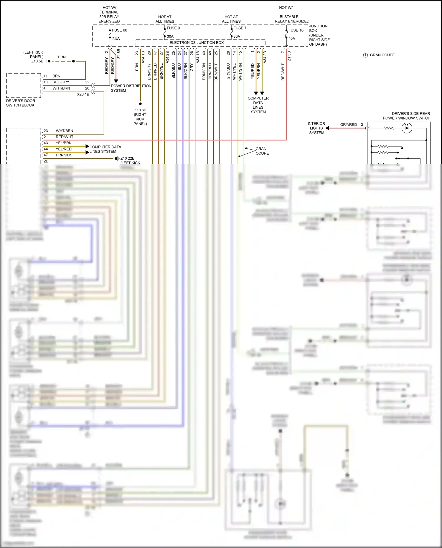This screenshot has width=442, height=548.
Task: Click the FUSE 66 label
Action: click(119, 30)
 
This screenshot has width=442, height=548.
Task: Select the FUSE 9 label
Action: click(173, 28)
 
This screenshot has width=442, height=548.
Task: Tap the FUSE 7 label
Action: click(240, 28)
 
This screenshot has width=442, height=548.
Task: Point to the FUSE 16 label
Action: click(296, 30)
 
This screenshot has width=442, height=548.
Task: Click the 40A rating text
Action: click(292, 39)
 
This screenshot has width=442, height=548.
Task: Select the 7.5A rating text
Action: click(116, 39)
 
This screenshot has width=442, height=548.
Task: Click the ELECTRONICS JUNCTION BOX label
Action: click(197, 43)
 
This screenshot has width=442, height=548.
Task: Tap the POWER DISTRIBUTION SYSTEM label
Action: click(131, 88)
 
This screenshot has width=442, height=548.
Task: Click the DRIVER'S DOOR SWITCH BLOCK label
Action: click(20, 103)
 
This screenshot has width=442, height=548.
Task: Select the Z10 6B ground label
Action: click(140, 110)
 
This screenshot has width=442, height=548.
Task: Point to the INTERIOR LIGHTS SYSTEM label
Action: click(316, 128)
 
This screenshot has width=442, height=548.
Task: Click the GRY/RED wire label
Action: click(348, 125)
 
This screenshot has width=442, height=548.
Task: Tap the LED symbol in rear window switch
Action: click(407, 128)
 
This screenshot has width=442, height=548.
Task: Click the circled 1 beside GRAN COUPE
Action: click(365, 55)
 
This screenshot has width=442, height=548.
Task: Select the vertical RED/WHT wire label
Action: click(283, 72)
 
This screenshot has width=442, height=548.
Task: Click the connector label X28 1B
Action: click(83, 95)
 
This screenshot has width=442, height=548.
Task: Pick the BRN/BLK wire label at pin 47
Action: click(64, 155)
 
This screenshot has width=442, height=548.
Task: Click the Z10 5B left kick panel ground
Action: click(37, 61)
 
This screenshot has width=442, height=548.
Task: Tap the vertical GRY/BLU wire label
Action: click(228, 71)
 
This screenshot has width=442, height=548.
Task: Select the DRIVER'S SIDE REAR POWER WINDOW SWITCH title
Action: click(407, 116)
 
